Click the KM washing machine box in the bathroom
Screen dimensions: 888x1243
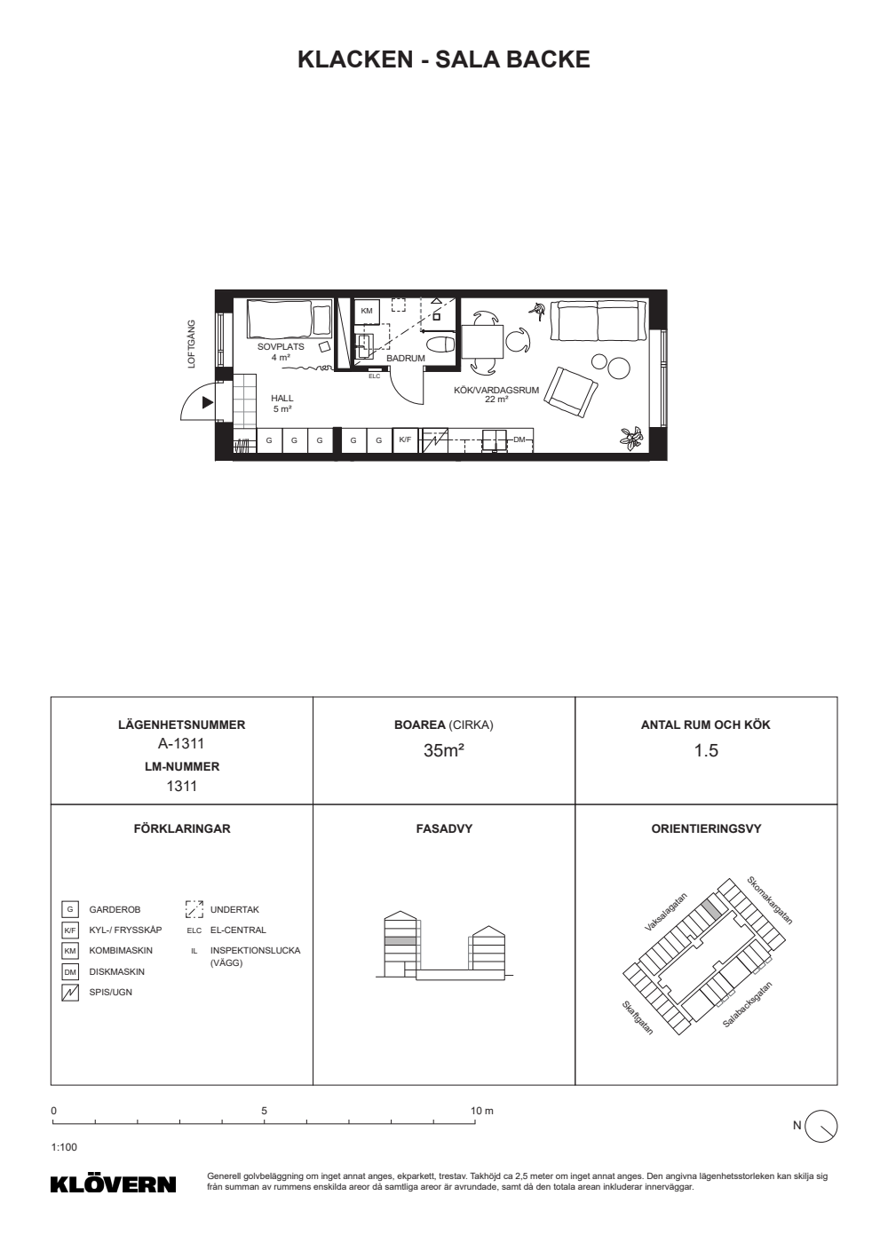click(366, 312)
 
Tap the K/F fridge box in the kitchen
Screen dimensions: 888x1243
click(405, 440)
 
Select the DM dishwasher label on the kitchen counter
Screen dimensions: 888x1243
click(519, 440)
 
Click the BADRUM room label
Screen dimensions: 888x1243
click(406, 359)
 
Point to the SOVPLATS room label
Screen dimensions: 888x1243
click(281, 347)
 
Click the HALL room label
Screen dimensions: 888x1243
click(282, 399)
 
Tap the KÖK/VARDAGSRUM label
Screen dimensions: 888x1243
click(496, 390)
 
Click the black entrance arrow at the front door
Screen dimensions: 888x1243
click(208, 403)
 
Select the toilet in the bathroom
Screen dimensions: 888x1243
click(443, 344)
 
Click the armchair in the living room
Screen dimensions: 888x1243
click(571, 392)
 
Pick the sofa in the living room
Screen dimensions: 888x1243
click(599, 321)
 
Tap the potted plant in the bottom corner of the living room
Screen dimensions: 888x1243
click(631, 438)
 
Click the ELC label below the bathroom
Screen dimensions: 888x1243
click(374, 376)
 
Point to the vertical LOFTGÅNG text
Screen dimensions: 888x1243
click(192, 344)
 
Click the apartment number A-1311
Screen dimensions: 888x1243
click(181, 743)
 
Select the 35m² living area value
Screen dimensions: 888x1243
click(443, 750)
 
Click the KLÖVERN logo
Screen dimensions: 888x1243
click(114, 1184)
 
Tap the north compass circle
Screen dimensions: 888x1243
click(821, 1127)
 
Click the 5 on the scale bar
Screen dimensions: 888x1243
click(265, 1111)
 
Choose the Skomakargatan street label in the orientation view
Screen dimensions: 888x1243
click(769, 900)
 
